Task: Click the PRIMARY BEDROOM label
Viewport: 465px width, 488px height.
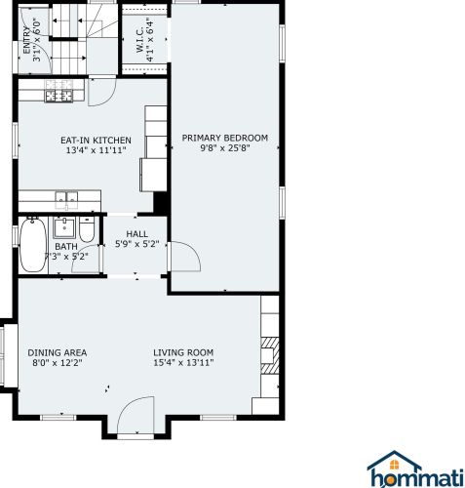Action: (224, 138)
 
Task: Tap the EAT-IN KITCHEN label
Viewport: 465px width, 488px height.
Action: (96, 141)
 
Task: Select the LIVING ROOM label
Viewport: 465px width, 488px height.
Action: (183, 352)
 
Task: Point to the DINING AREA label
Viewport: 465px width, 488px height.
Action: (58, 352)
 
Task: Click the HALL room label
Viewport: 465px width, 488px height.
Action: (136, 233)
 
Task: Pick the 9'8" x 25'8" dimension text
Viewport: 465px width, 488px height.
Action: (225, 148)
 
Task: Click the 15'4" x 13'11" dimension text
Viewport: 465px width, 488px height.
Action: (183, 362)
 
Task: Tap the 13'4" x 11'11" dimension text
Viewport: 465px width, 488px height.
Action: (96, 150)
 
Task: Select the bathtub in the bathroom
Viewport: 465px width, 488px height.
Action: (33, 245)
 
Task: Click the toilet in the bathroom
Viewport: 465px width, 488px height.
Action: (87, 228)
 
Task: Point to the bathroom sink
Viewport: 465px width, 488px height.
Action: (64, 227)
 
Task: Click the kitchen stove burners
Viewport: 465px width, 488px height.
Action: (59, 92)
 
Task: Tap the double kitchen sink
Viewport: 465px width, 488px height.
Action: (66, 200)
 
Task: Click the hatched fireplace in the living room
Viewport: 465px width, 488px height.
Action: (270, 355)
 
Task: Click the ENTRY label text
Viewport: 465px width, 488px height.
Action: (26, 40)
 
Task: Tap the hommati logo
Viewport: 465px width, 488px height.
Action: (415, 468)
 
